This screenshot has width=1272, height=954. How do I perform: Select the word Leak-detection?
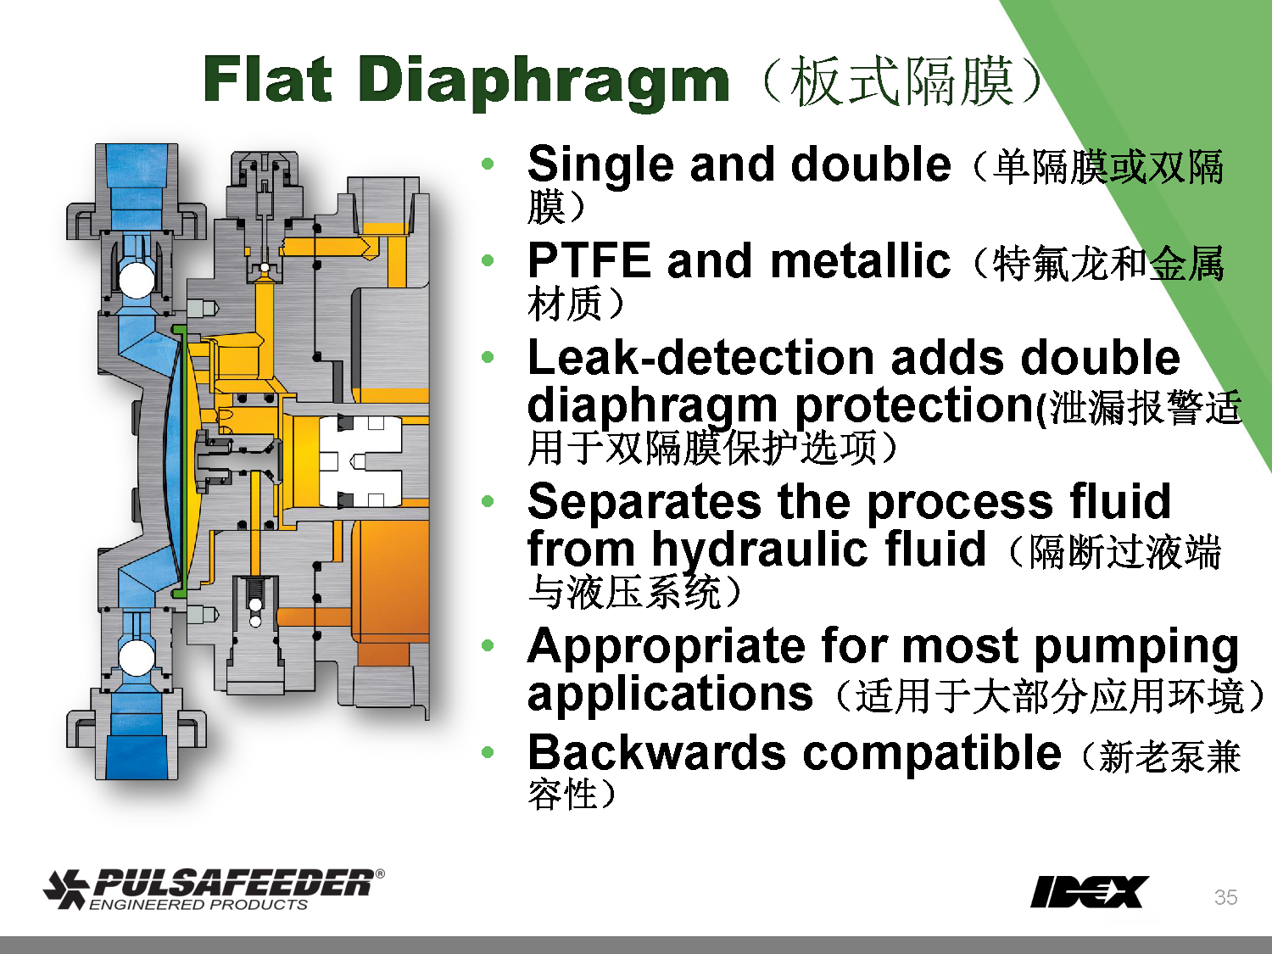pos(700,357)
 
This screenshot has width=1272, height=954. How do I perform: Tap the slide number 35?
pos(1225,897)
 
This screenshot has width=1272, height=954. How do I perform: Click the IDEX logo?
pos(1090,891)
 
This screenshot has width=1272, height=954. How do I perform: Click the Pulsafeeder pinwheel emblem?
pos(65,889)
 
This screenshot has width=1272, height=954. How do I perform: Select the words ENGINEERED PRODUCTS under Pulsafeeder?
pos(198,905)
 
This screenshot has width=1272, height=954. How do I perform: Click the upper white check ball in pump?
pos(137,281)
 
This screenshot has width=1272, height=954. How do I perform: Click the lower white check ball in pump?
pos(137,657)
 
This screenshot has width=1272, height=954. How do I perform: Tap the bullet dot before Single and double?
pos(488,164)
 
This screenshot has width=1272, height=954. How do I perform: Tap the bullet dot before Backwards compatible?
pos(488,752)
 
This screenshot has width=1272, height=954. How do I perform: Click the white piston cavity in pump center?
pos(360,460)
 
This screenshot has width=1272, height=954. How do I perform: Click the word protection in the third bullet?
pos(915,408)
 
